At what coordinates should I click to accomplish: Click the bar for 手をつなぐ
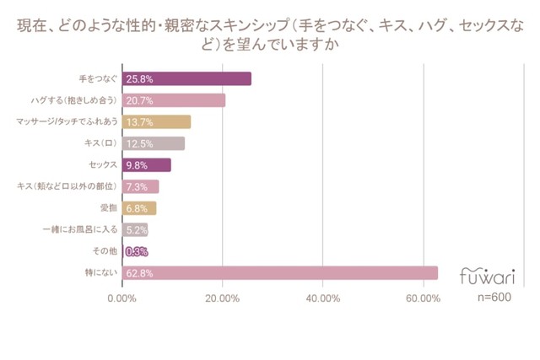point(186,78)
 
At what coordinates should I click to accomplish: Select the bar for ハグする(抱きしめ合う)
point(174,100)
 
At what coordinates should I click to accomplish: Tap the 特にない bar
point(280,272)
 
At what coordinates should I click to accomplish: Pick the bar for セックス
point(147,165)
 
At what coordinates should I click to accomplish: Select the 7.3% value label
point(136,186)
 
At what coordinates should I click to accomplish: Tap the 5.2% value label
point(136,229)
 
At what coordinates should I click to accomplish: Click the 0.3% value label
point(136,251)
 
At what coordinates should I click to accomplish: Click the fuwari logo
point(488,275)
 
